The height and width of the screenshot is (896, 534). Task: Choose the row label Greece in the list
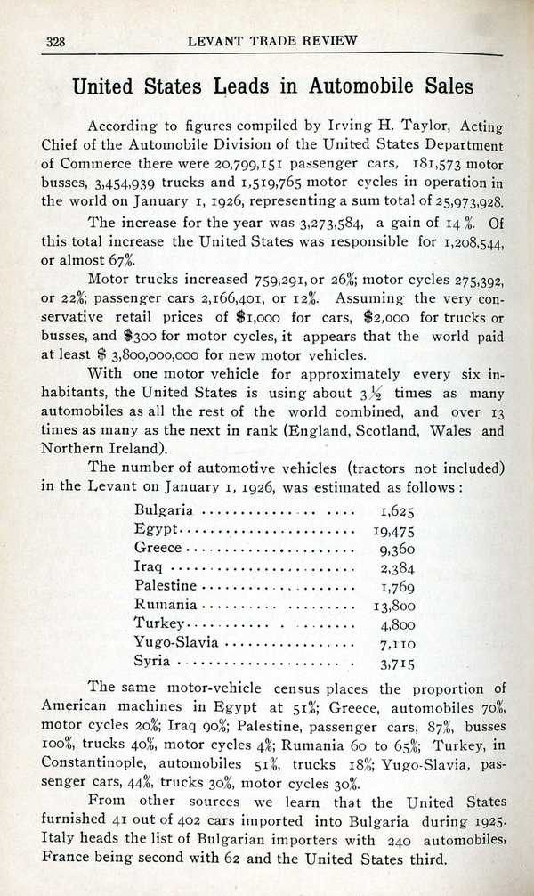point(158,548)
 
